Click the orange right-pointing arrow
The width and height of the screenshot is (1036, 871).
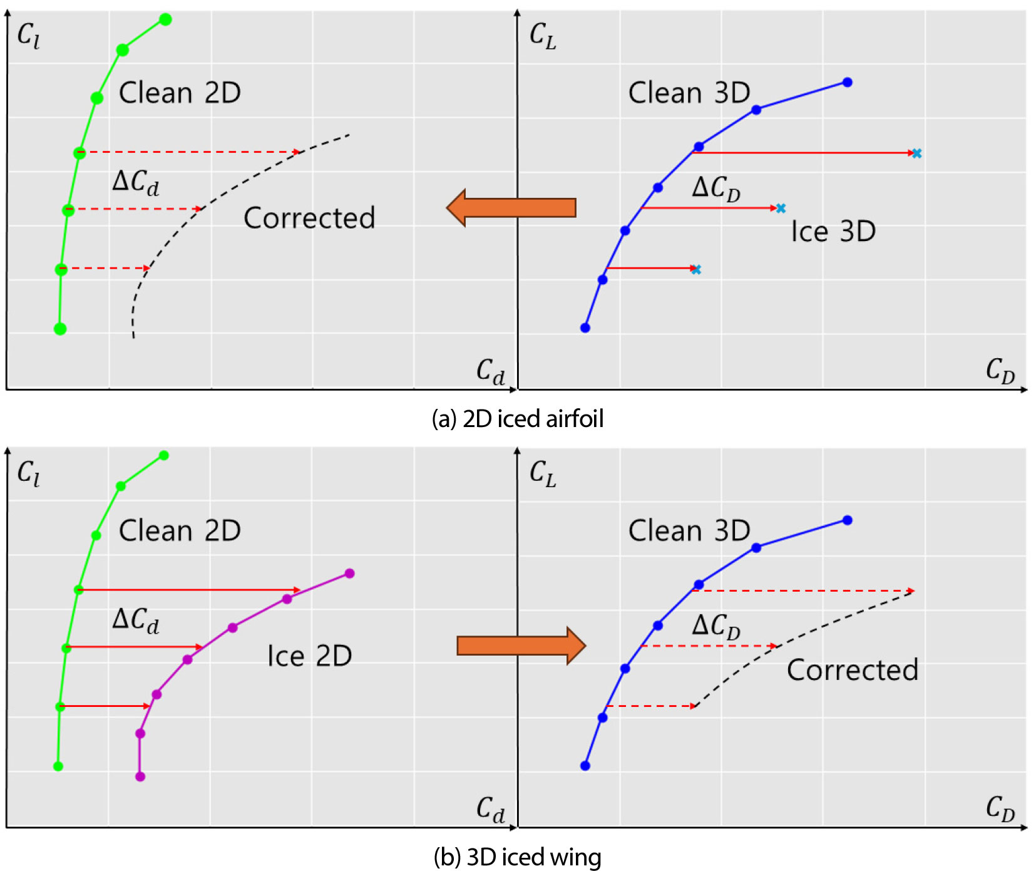[x=521, y=645]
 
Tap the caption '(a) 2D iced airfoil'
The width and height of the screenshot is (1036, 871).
[x=518, y=418]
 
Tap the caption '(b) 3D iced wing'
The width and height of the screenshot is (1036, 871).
[x=518, y=857]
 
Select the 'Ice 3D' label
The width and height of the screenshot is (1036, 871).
[x=833, y=232]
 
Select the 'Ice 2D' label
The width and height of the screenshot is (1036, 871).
[x=309, y=656]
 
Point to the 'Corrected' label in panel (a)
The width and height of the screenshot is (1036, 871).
[x=309, y=218]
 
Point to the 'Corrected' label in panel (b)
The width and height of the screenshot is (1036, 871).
[x=853, y=670]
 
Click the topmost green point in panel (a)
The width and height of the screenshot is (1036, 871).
[x=165, y=19]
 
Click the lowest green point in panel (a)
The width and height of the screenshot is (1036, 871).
[x=60, y=329]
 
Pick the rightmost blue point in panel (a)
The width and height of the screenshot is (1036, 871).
[x=848, y=82]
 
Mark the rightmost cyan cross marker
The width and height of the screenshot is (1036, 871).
[x=916, y=153]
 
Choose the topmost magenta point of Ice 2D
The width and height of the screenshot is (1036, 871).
[x=350, y=574]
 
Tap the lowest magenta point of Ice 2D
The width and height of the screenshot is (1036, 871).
[x=140, y=776]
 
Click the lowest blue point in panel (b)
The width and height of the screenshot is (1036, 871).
[x=585, y=765]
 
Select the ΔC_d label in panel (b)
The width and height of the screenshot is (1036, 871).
[x=135, y=620]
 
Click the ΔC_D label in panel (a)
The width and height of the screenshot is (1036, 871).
[x=715, y=188]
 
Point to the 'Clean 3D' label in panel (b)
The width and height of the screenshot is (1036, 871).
[x=689, y=531]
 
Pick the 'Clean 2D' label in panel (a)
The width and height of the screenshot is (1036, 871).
[x=180, y=93]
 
